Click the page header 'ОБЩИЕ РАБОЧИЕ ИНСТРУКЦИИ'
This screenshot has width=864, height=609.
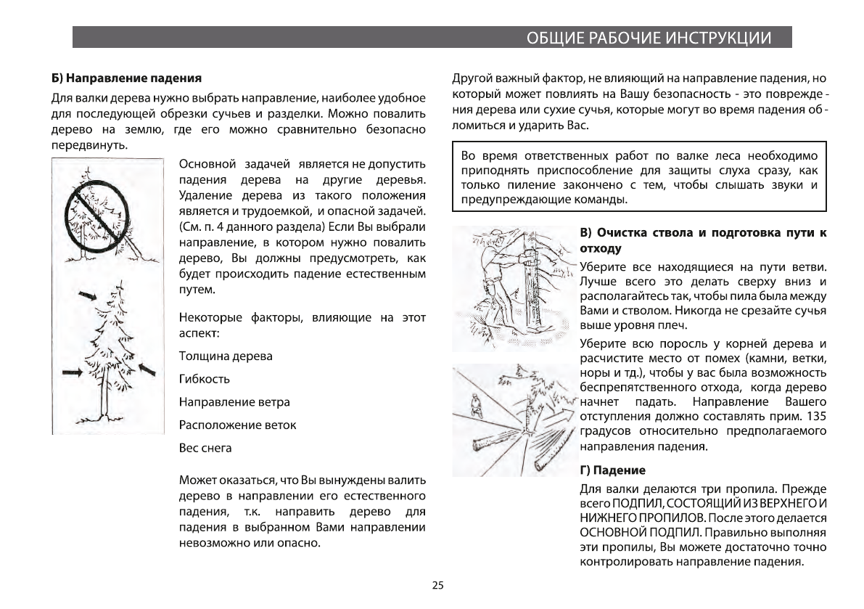click(648, 37)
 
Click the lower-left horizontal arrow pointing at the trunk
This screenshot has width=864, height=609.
click(72, 372)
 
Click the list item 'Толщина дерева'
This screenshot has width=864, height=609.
click(226, 356)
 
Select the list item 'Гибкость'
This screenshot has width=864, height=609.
click(205, 379)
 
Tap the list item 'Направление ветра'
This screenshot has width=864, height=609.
click(234, 401)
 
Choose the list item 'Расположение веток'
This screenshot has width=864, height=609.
click(237, 425)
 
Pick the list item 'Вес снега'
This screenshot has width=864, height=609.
click(205, 448)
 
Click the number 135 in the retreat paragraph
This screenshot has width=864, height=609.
click(815, 416)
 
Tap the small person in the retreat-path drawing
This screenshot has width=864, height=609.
click(474, 404)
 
